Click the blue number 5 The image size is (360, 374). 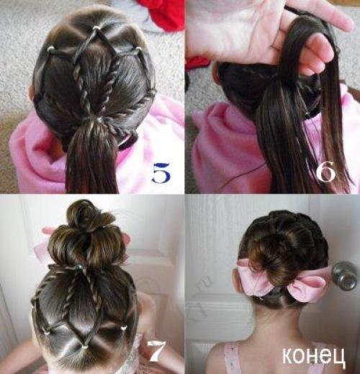[x=160, y=172]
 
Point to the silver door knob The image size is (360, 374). [x=345, y=275]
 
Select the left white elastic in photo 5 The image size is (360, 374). [x=50, y=49]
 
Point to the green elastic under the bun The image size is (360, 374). [x=81, y=267]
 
